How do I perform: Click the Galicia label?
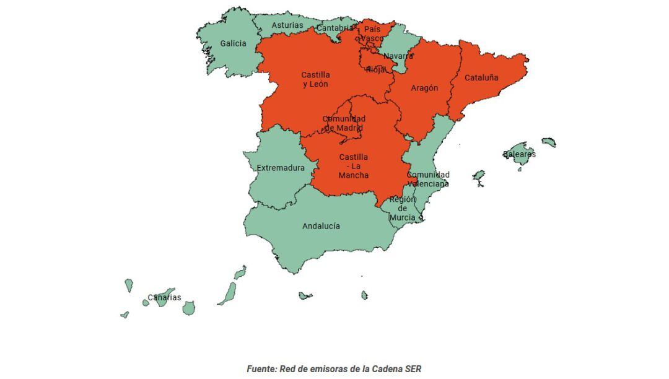[233, 44]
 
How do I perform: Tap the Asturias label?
[287, 25]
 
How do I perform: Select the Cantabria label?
[335, 28]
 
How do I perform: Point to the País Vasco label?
[372, 33]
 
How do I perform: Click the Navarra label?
[398, 56]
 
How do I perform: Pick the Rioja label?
[375, 69]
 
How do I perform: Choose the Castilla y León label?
[315, 79]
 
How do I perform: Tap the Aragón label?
[424, 88]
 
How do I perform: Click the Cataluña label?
[481, 78]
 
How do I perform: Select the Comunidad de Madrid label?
[344, 123]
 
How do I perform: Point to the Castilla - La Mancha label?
[353, 166]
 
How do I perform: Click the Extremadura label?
[281, 168]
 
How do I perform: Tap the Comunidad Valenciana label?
[428, 179]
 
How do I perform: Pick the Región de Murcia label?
[403, 209]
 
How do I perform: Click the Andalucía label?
[321, 226]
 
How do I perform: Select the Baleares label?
[519, 154]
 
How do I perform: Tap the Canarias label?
[164, 297]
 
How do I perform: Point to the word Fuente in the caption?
[261, 368]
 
